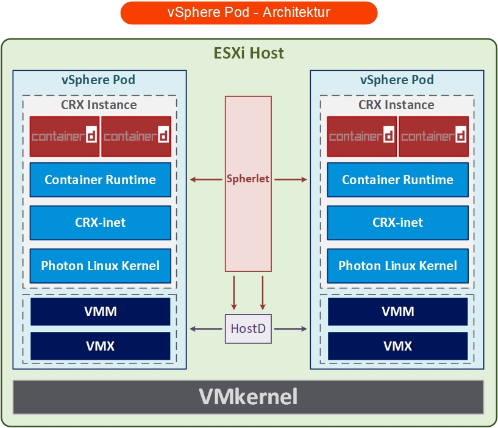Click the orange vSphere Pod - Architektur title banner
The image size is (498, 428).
249,13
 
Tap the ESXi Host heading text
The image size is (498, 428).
249,53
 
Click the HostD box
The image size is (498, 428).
248,329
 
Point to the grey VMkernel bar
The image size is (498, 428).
249,397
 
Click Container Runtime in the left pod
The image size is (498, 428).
100,180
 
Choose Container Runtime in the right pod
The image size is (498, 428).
397,180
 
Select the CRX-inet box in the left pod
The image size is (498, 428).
100,223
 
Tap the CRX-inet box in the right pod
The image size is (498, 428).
397,223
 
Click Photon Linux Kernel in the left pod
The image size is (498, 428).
100,266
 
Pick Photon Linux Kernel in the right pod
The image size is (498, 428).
397,266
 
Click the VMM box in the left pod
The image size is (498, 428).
100,312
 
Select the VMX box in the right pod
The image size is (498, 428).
397,346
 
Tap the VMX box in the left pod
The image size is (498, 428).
100,346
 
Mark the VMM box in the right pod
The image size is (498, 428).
397,312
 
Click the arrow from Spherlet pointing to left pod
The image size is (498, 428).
207,179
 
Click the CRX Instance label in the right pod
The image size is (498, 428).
396,105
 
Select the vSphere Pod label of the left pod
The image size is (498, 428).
99,80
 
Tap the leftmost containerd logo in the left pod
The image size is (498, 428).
65,136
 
